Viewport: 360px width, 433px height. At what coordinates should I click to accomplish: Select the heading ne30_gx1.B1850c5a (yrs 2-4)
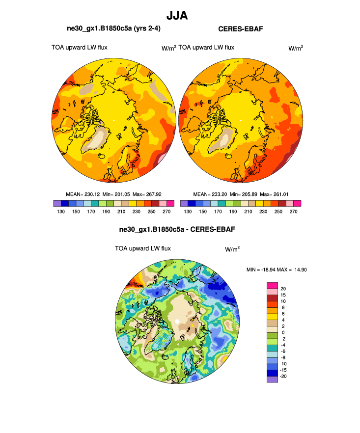tap(112, 29)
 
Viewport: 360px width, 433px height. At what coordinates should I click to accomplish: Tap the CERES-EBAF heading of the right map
tap(241, 29)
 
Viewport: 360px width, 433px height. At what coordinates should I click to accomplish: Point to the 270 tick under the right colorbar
tap(293, 211)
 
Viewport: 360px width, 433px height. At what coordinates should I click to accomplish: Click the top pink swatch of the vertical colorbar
tap(272, 285)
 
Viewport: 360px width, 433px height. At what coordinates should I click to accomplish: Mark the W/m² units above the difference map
tap(232, 249)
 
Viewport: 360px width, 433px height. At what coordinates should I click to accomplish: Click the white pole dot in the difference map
tap(177, 322)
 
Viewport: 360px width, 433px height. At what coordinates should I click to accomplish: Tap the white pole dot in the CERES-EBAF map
tap(241, 120)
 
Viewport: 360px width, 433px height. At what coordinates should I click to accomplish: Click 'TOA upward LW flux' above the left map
tap(80, 48)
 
